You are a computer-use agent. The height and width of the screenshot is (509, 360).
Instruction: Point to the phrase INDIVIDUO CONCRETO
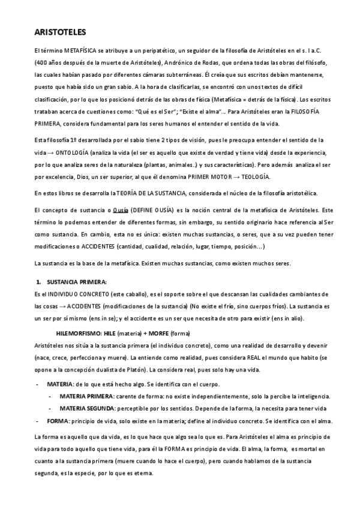click(x=73, y=292)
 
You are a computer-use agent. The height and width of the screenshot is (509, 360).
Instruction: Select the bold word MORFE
click(x=158, y=332)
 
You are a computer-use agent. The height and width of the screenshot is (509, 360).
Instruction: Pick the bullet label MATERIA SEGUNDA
click(x=88, y=408)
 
